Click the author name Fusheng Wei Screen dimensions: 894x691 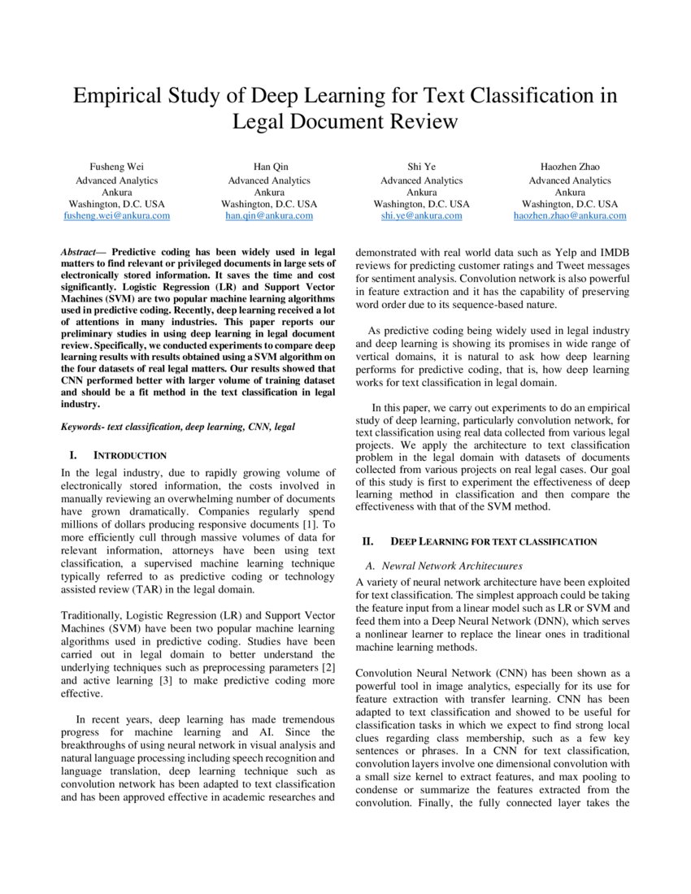tap(116, 167)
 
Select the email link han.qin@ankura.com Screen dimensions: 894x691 tap(269, 216)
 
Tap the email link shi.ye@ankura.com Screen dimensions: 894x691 tap(421, 216)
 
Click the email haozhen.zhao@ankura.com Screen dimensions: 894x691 tap(569, 216)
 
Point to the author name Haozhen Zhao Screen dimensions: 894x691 tap(569, 167)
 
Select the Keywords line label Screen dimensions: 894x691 tap(85, 426)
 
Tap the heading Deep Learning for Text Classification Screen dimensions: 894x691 tap(493, 541)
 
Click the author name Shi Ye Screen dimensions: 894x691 tap(421, 167)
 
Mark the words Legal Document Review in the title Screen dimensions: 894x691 tap(345, 122)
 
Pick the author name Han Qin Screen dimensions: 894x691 tap(269, 167)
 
